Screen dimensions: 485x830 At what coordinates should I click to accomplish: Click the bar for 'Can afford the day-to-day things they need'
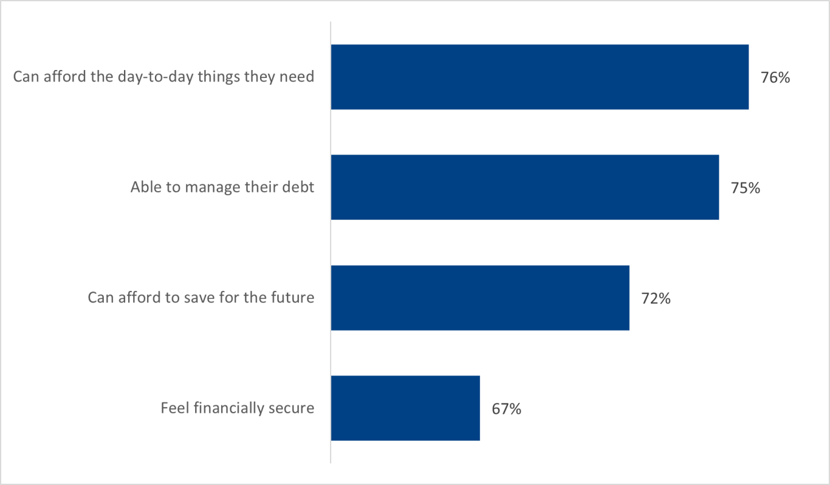(x=540, y=77)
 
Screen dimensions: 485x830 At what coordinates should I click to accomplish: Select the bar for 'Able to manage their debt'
(x=525, y=187)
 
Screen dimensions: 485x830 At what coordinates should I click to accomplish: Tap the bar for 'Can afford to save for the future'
(x=480, y=298)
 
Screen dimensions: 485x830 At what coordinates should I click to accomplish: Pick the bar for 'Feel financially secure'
(x=405, y=408)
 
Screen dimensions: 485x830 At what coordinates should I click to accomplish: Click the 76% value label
(x=775, y=78)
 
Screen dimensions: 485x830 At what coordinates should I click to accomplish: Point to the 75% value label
(x=746, y=188)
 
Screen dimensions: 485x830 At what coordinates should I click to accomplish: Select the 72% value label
(x=656, y=299)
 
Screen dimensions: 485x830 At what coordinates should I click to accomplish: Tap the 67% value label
(x=506, y=409)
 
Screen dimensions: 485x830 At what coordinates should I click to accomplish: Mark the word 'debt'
(x=299, y=187)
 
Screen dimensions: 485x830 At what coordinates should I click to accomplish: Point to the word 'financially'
(x=228, y=408)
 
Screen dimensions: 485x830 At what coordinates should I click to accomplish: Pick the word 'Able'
(x=143, y=187)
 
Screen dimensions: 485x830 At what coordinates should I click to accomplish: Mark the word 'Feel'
(x=174, y=408)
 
